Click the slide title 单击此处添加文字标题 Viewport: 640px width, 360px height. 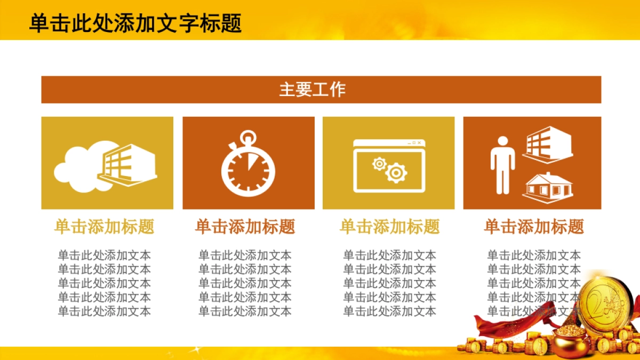coord(135,23)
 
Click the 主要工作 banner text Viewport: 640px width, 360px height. coord(313,89)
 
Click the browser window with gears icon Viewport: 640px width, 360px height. coord(389,165)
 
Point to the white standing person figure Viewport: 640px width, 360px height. coord(502,164)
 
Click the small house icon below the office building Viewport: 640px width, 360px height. coord(548,187)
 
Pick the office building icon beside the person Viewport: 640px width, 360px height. coord(548,145)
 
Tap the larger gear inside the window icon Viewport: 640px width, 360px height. coord(396,172)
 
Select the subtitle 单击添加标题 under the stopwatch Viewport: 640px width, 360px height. coord(245,227)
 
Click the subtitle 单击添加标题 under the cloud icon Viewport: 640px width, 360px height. coord(104,227)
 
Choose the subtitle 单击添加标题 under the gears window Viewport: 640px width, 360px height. coord(390,227)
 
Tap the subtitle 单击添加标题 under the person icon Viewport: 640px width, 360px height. coord(534,227)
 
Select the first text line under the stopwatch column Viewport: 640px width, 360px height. coord(245,255)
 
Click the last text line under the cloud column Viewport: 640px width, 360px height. coord(104,311)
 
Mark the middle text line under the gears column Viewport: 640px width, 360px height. coord(390,283)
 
